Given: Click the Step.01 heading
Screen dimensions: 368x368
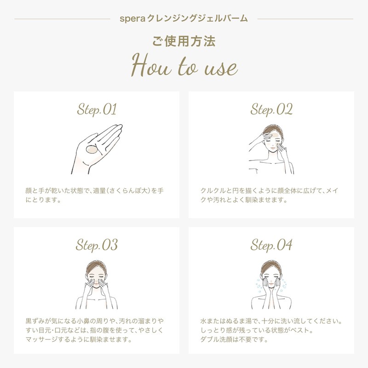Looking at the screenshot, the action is coord(97,109).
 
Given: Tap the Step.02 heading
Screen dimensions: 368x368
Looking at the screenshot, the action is coord(271,109).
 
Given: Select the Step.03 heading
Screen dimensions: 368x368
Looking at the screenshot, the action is coord(97,245).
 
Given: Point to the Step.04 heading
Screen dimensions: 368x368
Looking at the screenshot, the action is coord(271,245).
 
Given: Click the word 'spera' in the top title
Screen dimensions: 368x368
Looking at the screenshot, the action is coord(132,19).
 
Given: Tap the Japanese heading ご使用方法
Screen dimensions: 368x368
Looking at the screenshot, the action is coord(184,41).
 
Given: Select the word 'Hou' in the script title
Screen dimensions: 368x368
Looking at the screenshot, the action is coord(151,65).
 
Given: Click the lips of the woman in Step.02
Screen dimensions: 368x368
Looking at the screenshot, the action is coord(272,149).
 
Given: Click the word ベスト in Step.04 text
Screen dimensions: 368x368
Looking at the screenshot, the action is coord(300,330).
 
